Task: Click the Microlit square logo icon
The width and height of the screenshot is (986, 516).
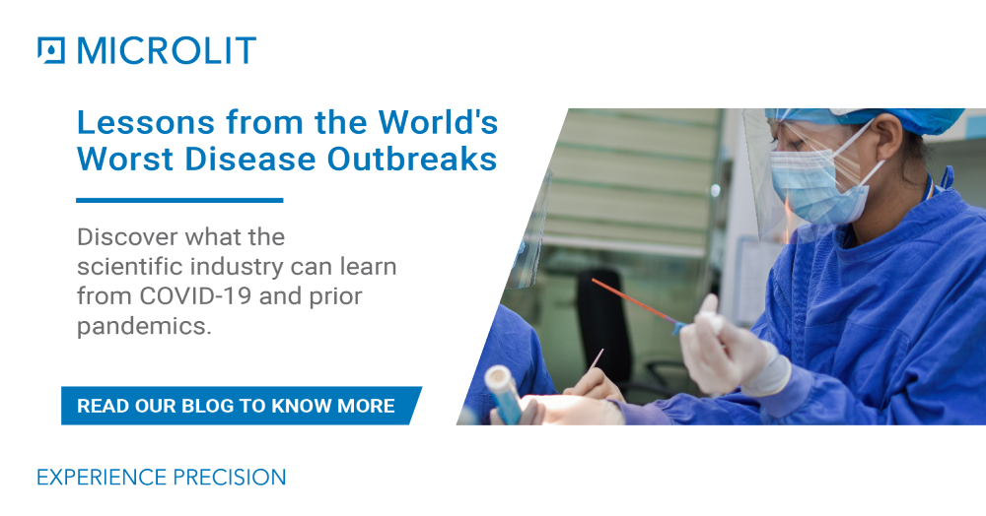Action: [x=50, y=50]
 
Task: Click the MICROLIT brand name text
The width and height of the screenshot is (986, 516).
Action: [x=166, y=50]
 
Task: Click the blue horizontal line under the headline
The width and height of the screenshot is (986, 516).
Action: [x=179, y=200]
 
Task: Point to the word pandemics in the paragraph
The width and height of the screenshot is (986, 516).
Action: [x=144, y=326]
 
